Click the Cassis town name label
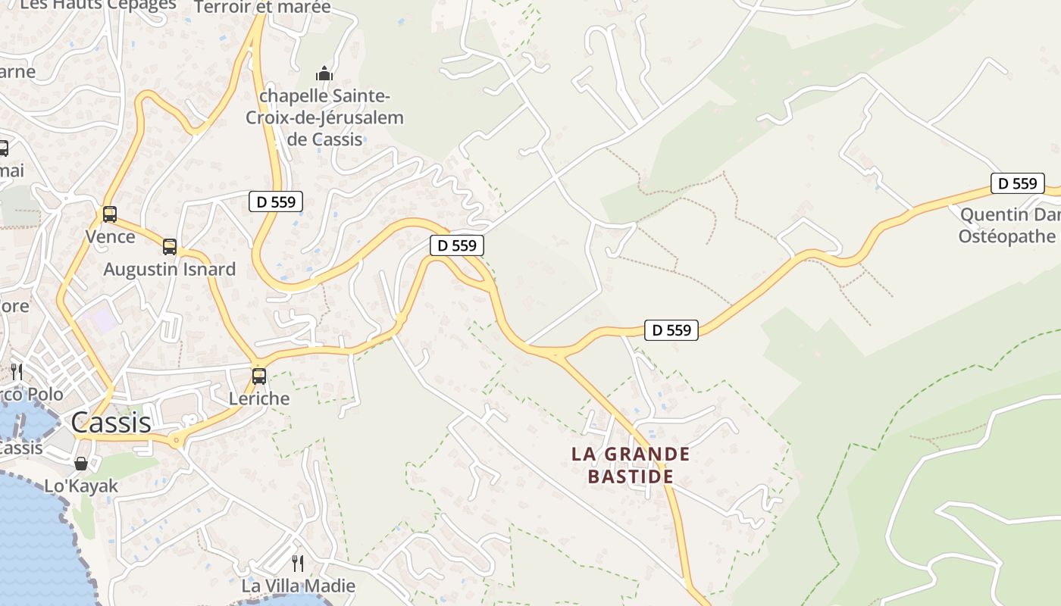[111, 423]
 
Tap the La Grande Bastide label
[631, 465]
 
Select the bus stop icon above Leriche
[259, 376]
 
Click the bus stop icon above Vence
[110, 214]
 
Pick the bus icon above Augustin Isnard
[170, 247]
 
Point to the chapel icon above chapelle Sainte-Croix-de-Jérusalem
[324, 73]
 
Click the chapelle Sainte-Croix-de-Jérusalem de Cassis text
[324, 117]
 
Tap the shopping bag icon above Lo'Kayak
[81, 463]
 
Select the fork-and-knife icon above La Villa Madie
[298, 563]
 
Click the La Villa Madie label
[298, 586]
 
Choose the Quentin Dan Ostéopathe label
[1008, 226]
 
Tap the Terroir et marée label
[262, 8]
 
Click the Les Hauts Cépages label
[98, 5]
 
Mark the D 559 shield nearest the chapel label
[276, 201]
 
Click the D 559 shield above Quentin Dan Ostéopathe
[1017, 183]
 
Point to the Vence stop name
[110, 236]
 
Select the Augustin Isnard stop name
[170, 269]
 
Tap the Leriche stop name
[259, 398]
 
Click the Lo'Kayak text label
[81, 486]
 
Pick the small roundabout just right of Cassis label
[176, 440]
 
